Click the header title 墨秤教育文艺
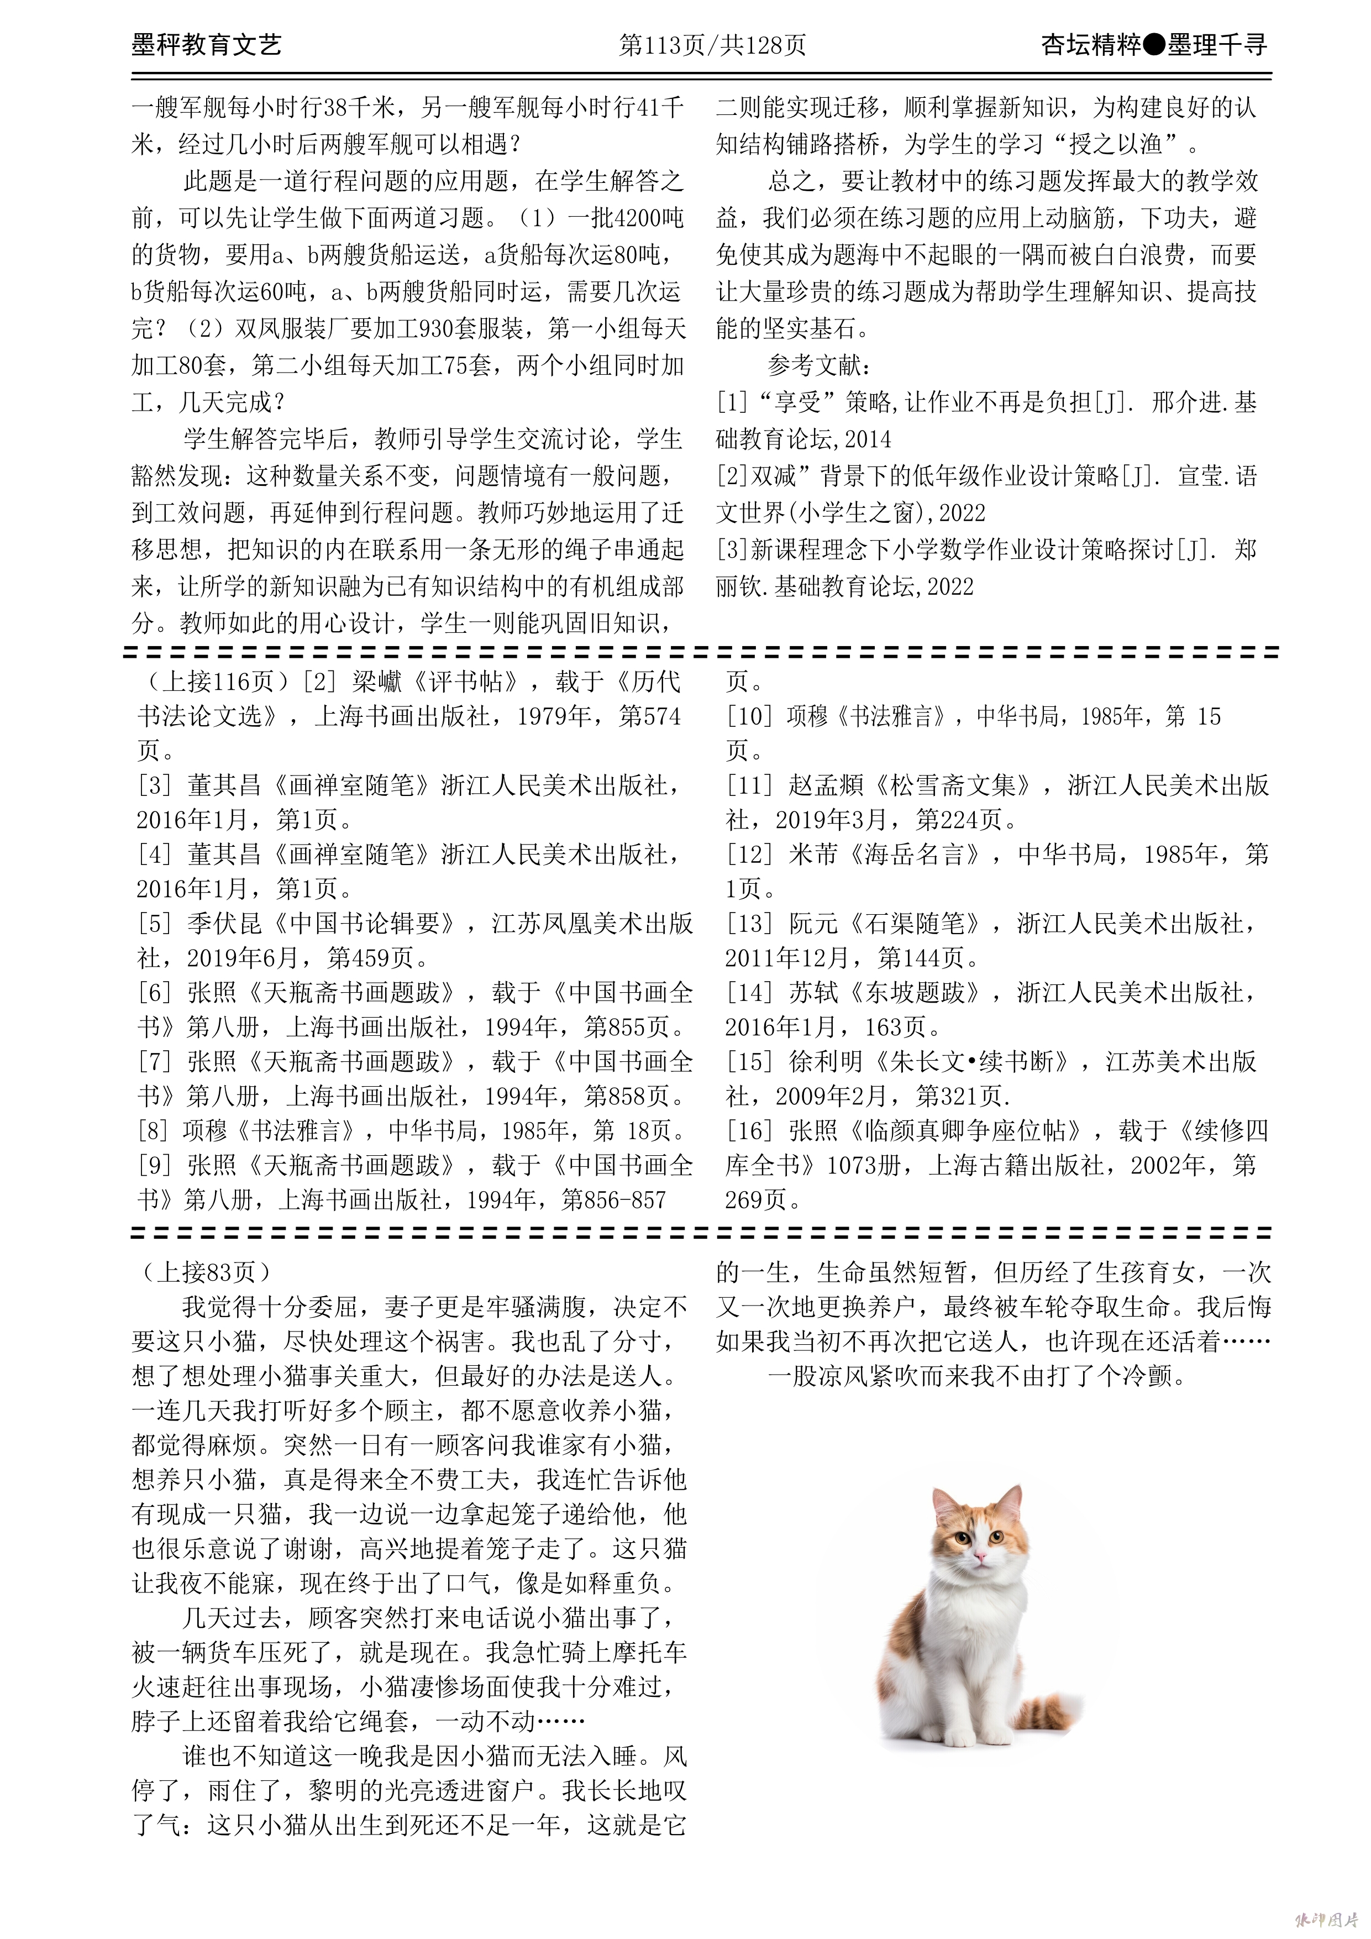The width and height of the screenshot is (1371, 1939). pos(206,44)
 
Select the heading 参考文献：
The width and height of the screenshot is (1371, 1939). pos(820,366)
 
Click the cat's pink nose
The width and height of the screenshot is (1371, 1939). pos(980,1555)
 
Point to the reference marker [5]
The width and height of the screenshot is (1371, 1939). pos(155,923)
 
